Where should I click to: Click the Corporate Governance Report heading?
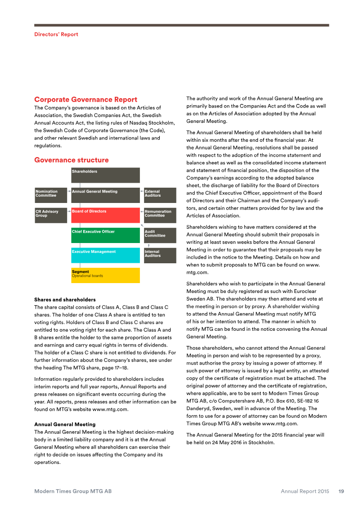(85, 99)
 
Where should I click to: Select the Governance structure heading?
(71, 160)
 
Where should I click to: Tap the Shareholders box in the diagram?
(105, 175)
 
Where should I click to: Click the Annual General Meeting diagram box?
(105, 195)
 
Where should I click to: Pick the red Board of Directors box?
(105, 215)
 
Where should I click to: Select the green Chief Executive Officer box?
(105, 235)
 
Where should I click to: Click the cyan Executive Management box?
(105, 255)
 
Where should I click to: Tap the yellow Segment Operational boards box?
(105, 275)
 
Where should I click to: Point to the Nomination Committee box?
(51, 195)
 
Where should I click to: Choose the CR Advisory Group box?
(51, 215)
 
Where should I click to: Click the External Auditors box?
(160, 195)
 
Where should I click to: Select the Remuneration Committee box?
(160, 215)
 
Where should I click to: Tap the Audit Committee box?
(160, 235)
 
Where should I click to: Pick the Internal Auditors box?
(160, 255)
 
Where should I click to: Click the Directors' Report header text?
(56, 34)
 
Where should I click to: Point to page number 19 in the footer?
(341, 491)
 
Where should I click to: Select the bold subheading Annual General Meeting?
(65, 424)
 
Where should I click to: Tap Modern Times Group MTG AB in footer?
(73, 491)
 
